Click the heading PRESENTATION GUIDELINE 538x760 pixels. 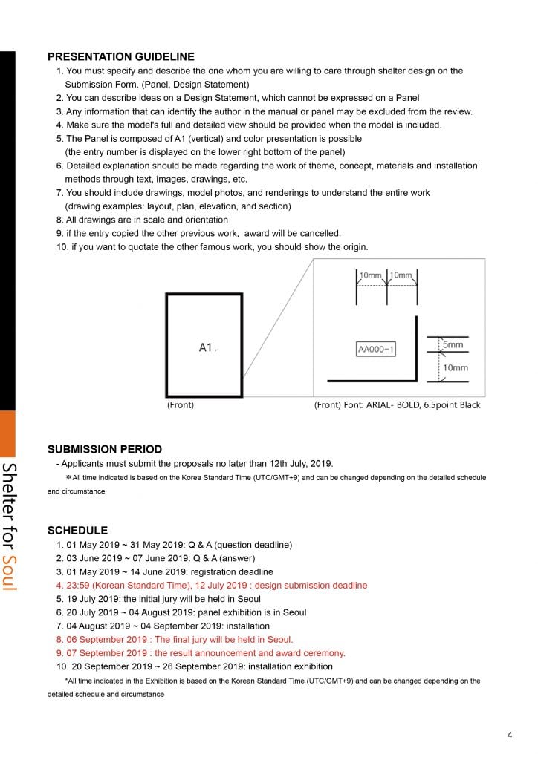click(x=120, y=56)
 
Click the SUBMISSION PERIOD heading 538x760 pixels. click(x=104, y=449)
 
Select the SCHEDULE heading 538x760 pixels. click(x=77, y=531)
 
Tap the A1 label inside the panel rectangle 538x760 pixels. click(x=206, y=347)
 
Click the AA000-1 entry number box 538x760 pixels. click(x=376, y=349)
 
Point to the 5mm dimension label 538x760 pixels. click(x=453, y=344)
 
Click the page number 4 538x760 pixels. click(x=510, y=736)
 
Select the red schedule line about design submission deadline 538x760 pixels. click(x=212, y=585)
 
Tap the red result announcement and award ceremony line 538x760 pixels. click(x=201, y=653)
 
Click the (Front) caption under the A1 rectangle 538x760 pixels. click(x=181, y=405)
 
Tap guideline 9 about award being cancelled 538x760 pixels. click(x=198, y=233)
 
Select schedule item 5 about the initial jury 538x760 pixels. click(x=158, y=599)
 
